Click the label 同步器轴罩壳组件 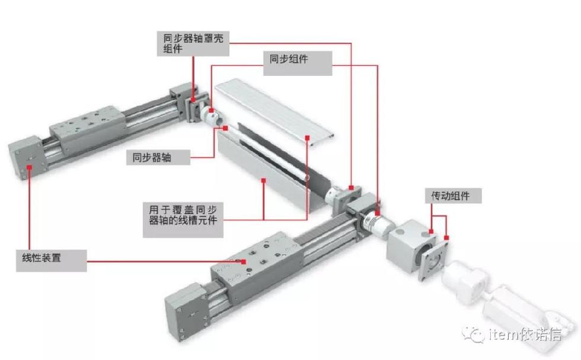[193, 43]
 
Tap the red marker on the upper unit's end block [28, 167]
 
